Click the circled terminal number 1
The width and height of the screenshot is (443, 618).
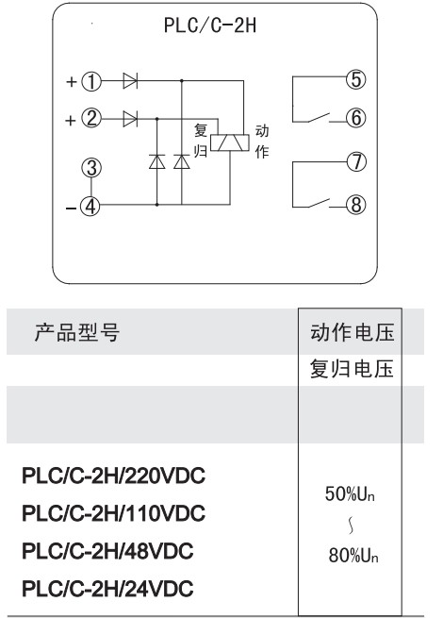pyautogui.click(x=91, y=81)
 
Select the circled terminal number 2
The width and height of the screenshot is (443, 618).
pyautogui.click(x=91, y=118)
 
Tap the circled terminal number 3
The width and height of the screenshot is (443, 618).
pyautogui.click(x=91, y=168)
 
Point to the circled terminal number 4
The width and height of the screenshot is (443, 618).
pyautogui.click(x=90, y=206)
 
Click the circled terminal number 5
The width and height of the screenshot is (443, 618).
pyautogui.click(x=356, y=79)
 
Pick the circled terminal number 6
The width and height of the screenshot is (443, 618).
pyautogui.click(x=356, y=118)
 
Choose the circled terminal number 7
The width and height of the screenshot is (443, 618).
pyautogui.click(x=356, y=161)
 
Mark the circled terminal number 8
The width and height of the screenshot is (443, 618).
pyautogui.click(x=356, y=205)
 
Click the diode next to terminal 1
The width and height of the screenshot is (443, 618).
pyautogui.click(x=130, y=81)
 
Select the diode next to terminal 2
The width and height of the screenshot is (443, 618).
pyautogui.click(x=130, y=118)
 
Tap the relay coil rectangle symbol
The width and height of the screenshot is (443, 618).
pyautogui.click(x=230, y=142)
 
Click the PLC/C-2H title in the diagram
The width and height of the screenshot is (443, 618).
pyautogui.click(x=210, y=25)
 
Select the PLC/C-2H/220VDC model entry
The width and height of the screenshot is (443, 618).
pyautogui.click(x=113, y=476)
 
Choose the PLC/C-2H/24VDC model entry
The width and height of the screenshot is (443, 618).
pyautogui.click(x=107, y=589)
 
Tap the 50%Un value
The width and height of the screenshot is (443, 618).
pyautogui.click(x=350, y=494)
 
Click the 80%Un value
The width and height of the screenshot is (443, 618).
pyautogui.click(x=353, y=556)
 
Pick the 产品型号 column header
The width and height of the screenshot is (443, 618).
pyautogui.click(x=77, y=332)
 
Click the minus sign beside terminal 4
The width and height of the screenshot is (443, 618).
pyautogui.click(x=71, y=208)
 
